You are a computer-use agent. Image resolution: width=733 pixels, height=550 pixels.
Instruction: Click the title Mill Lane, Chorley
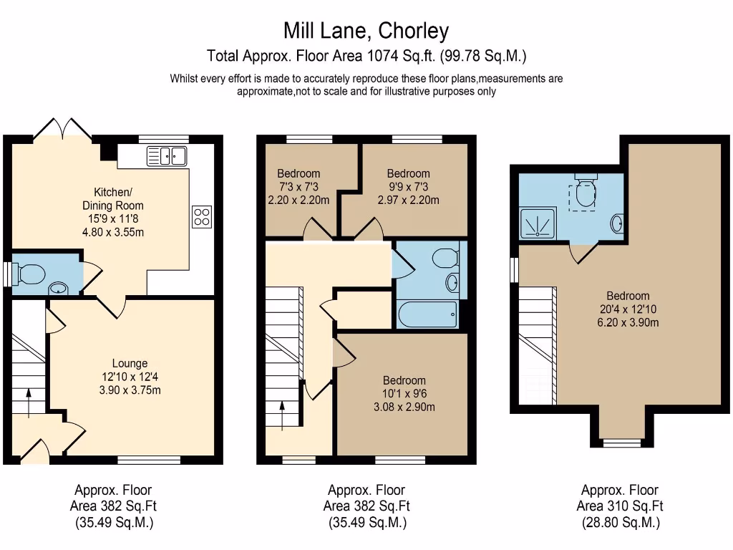point(366,31)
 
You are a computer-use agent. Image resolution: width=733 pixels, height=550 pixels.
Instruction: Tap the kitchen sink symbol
point(166,155)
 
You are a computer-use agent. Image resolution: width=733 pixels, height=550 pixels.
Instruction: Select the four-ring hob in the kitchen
point(201,216)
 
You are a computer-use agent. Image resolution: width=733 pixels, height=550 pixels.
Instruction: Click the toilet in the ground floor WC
point(31,273)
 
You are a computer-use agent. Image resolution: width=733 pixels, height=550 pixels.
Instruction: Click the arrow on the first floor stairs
point(282,415)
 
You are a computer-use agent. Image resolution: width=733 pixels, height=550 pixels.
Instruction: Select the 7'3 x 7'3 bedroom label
point(298,186)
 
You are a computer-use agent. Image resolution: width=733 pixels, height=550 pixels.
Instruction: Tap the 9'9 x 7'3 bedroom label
point(408,186)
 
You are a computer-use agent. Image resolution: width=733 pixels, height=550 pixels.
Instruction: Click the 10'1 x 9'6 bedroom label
point(404,394)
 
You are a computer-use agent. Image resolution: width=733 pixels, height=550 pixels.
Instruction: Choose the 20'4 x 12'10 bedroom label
point(628,309)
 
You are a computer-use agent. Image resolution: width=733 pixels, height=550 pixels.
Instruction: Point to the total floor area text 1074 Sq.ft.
point(366,56)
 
